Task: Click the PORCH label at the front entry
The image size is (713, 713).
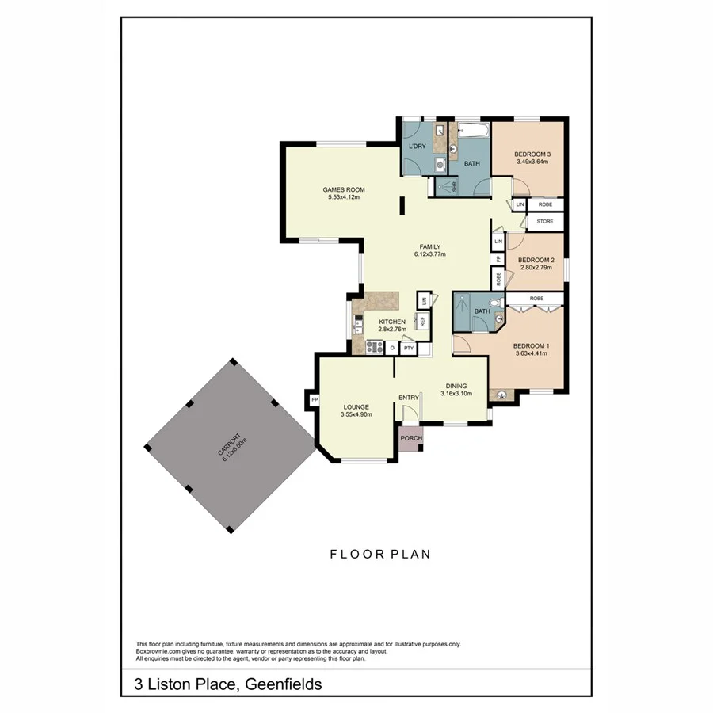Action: click(411, 438)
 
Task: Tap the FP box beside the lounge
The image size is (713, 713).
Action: click(313, 399)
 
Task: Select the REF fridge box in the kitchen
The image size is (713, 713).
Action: click(423, 321)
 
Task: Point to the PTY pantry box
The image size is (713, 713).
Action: click(408, 348)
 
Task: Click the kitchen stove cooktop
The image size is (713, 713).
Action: click(375, 347)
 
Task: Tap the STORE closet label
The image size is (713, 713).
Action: click(545, 221)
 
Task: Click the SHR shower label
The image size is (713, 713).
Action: click(454, 187)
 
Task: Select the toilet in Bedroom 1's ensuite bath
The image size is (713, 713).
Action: click(494, 302)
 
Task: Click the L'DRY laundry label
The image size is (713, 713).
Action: click(418, 147)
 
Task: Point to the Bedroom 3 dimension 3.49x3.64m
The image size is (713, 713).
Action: click(532, 162)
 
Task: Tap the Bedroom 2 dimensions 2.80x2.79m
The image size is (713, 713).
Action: click(536, 268)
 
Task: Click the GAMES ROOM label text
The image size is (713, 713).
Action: click(344, 189)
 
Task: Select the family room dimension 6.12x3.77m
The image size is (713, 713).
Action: click(430, 254)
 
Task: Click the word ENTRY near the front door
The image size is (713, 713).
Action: click(409, 398)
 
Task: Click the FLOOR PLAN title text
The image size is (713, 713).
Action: click(380, 554)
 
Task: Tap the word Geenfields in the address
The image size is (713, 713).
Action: click(284, 684)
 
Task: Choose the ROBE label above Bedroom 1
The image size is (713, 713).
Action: click(536, 298)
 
